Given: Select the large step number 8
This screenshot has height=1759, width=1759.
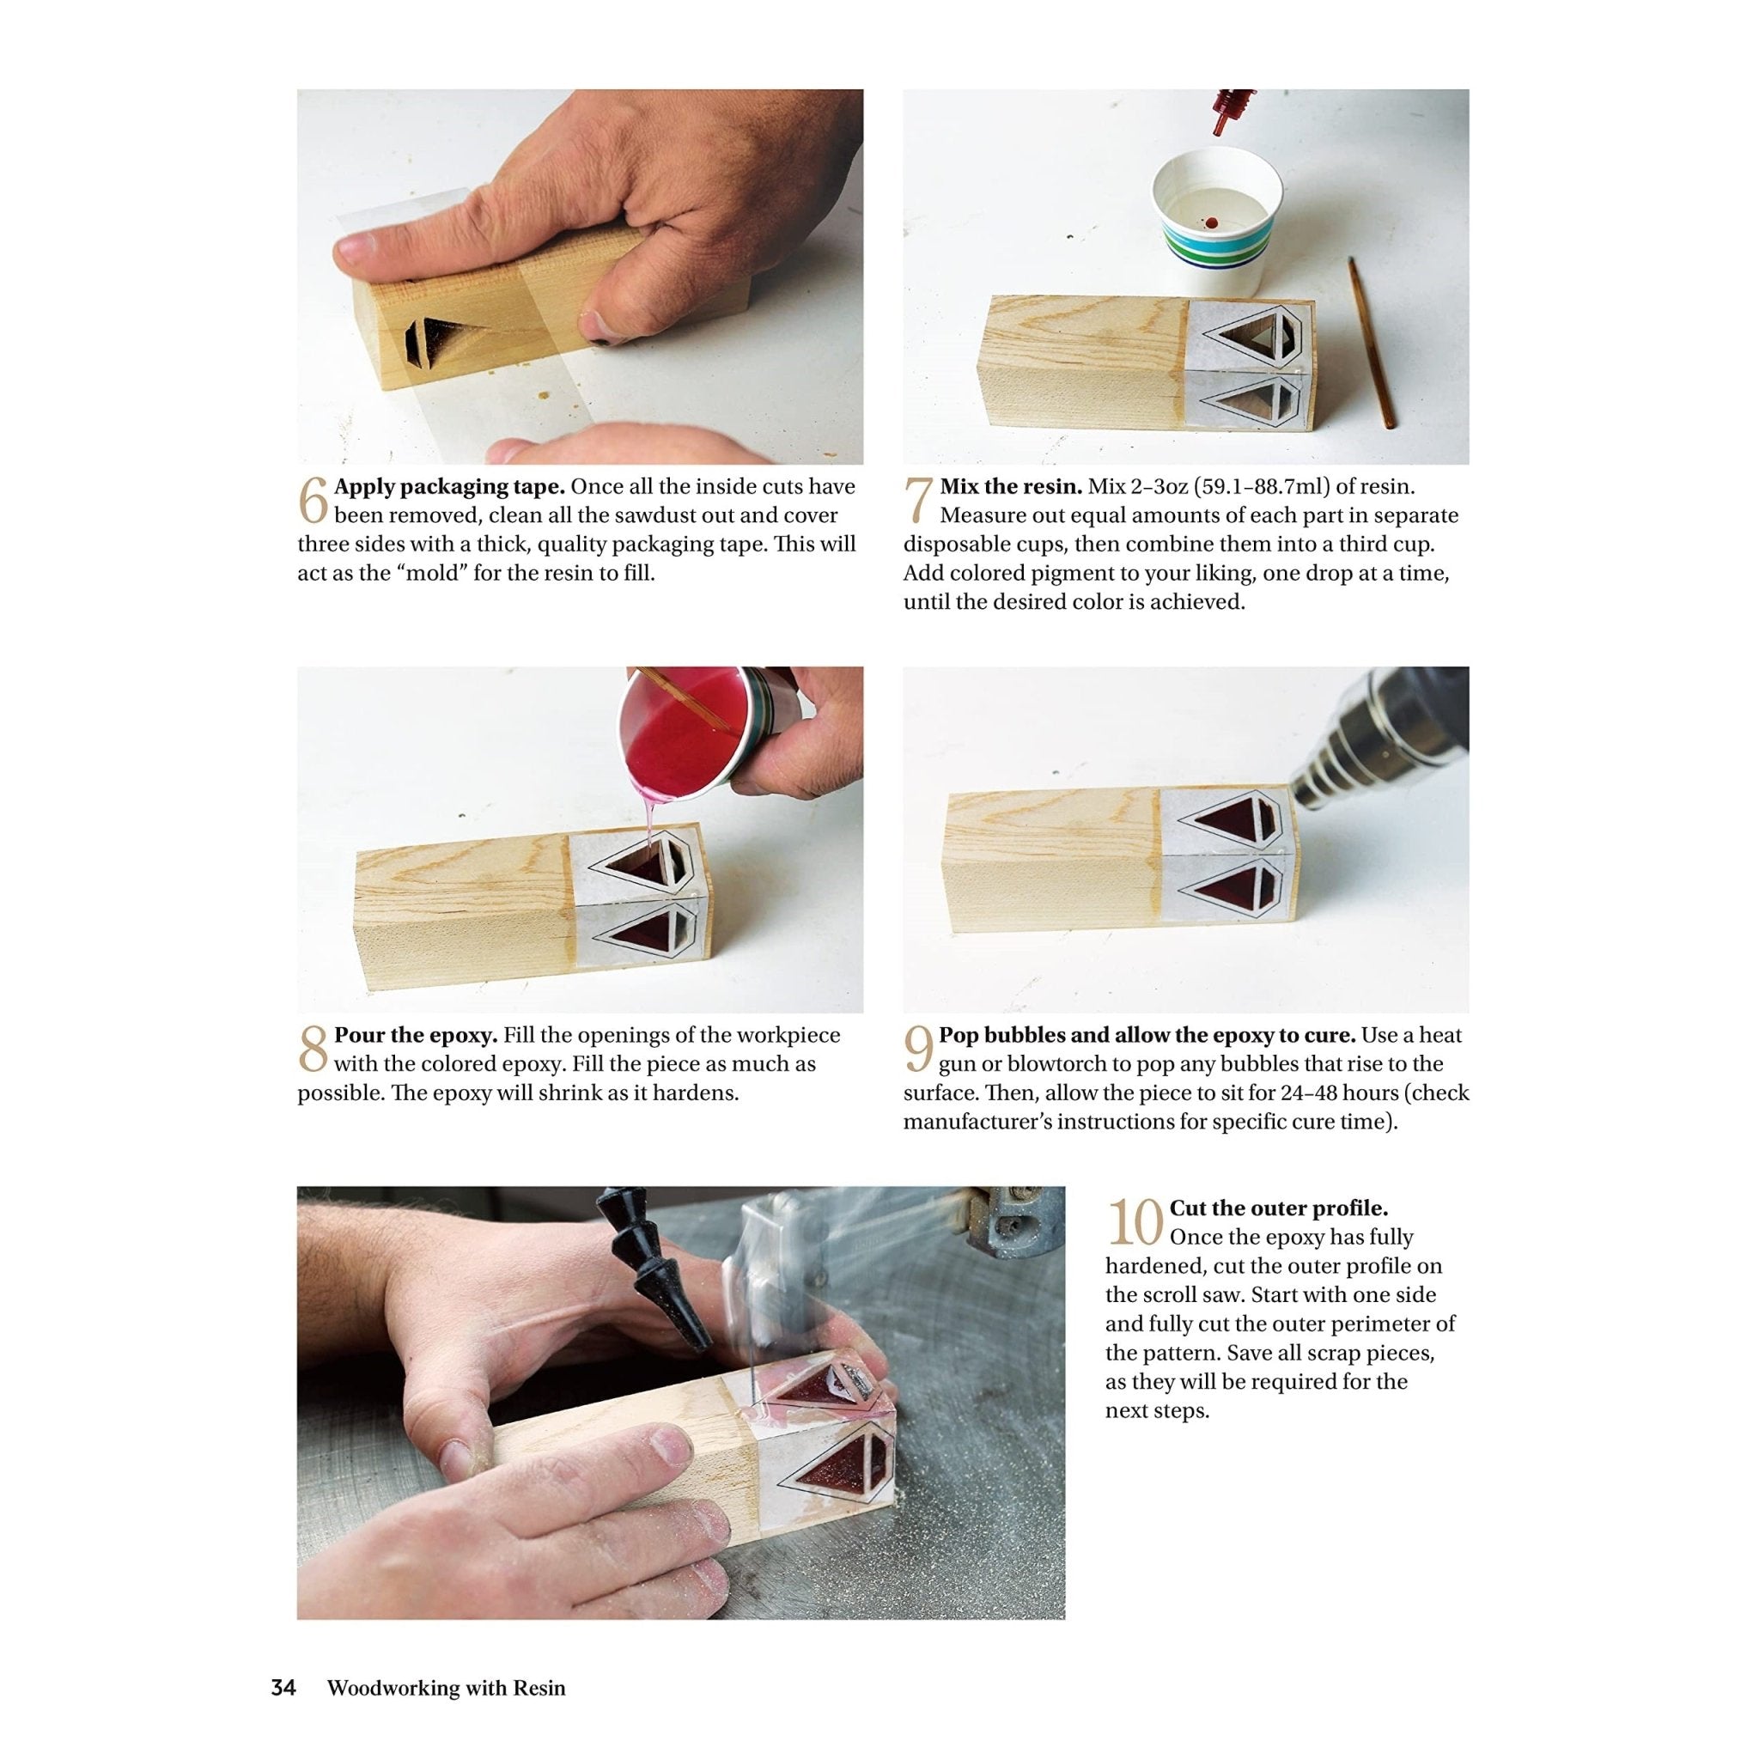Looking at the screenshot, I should click(x=313, y=1049).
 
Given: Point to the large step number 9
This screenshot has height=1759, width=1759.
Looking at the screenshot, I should click(x=918, y=1049).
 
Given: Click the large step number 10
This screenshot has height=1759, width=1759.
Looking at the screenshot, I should click(x=1135, y=1223).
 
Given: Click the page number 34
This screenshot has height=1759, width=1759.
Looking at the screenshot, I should click(x=283, y=1663).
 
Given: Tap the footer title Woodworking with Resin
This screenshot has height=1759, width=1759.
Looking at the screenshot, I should click(x=446, y=1663).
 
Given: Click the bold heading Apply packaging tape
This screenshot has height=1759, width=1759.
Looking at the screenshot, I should click(x=449, y=486).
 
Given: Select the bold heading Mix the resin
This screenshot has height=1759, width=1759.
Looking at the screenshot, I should click(x=1011, y=486).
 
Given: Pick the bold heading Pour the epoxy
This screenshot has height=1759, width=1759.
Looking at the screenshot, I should click(x=416, y=1035).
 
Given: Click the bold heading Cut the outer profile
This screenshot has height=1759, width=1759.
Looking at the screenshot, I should click(x=1278, y=1208).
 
